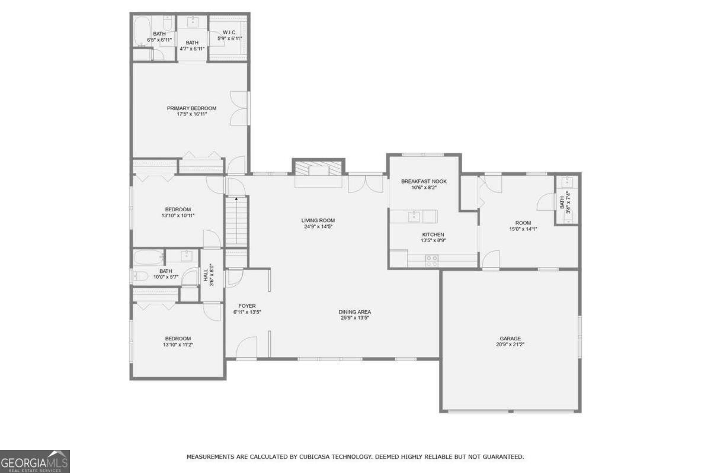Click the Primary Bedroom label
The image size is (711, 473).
191,108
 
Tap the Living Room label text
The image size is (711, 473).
318,220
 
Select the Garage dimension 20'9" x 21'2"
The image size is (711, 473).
510,345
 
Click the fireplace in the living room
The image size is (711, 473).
319,170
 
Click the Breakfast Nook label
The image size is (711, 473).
424,181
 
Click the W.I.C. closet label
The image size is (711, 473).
229,33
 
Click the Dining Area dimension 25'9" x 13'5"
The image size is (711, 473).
355,318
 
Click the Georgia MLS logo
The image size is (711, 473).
35,461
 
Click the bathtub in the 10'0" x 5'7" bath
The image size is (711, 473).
148,258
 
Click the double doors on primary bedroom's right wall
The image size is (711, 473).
239,108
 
